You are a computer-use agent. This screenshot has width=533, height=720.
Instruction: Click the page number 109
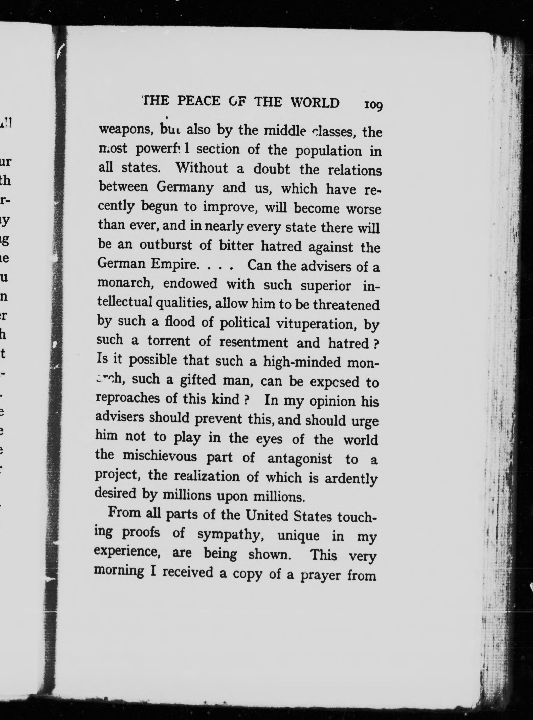(373, 105)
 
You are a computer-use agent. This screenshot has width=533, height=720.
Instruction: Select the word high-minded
(302, 362)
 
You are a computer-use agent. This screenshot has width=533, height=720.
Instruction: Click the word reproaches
(128, 398)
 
